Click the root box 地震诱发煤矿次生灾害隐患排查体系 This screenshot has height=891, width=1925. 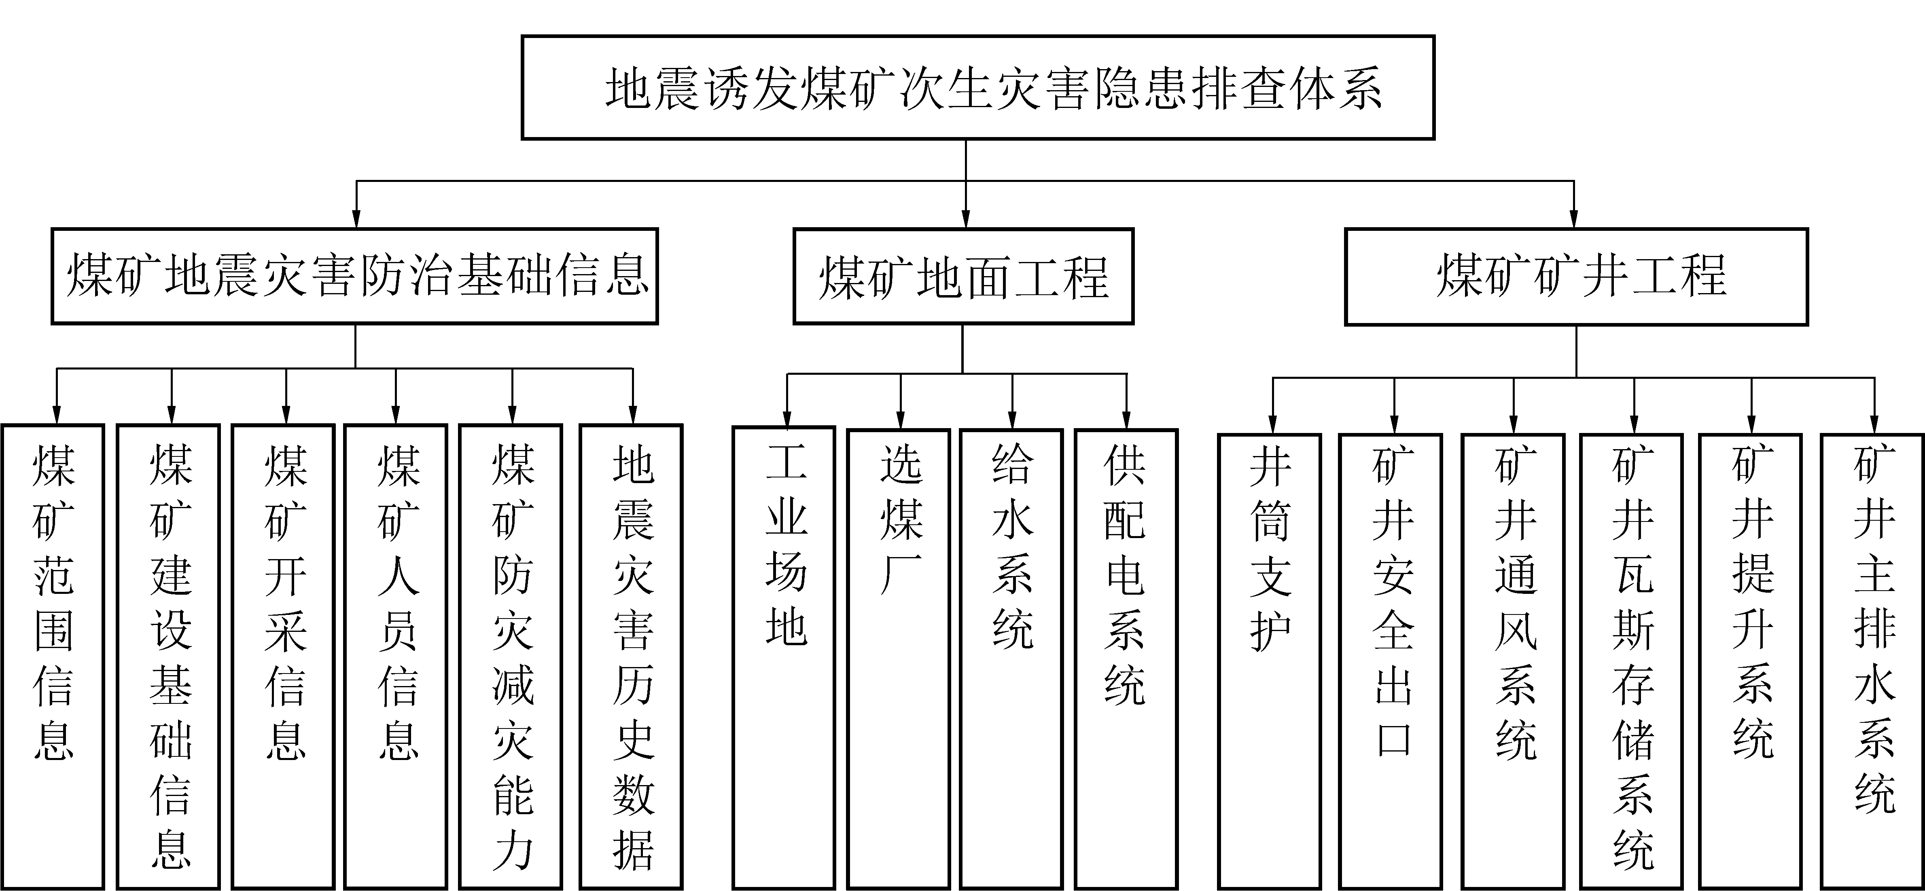pos(977,87)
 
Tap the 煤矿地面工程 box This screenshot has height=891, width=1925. pos(963,277)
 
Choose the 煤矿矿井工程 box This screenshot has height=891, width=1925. pos(1576,277)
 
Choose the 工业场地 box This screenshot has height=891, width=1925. pos(784,657)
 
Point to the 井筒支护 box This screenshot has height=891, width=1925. pos(1270,661)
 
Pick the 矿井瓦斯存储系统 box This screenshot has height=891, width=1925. pos(1631,661)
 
